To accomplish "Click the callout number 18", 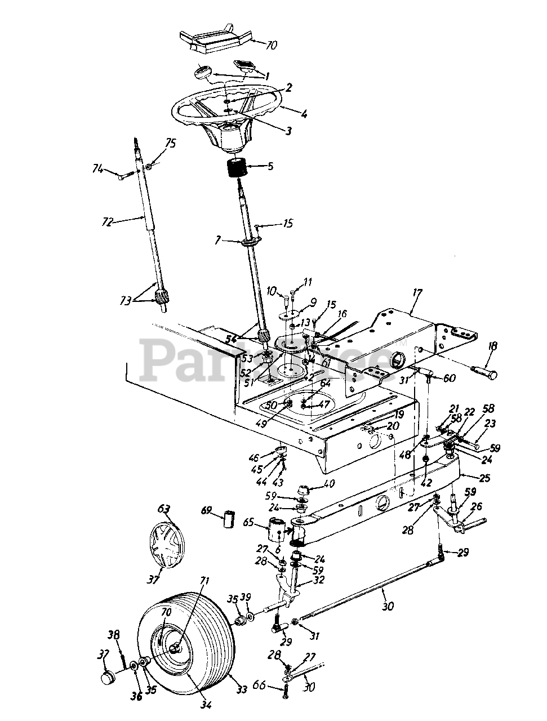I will pyautogui.click(x=492, y=346).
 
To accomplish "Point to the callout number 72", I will pyautogui.click(x=107, y=221).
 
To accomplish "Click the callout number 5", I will pyautogui.click(x=270, y=166).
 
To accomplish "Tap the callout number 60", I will pyautogui.click(x=450, y=379).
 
